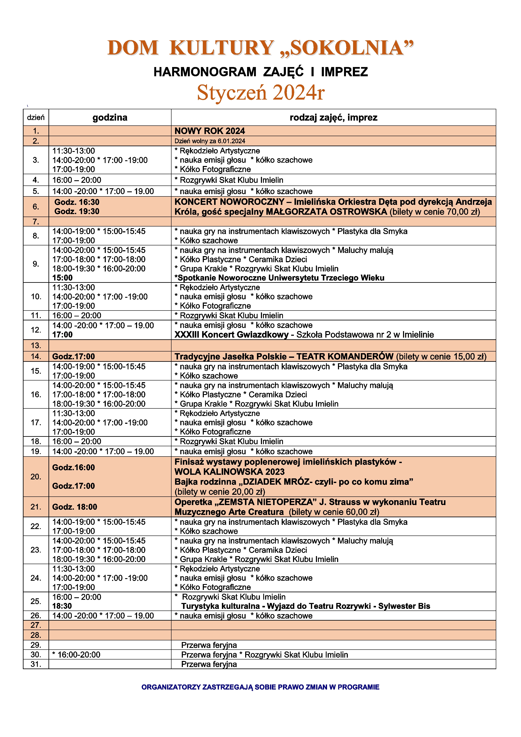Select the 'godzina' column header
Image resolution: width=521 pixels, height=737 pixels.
(110, 117)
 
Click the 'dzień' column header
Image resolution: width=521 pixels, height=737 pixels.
(36, 117)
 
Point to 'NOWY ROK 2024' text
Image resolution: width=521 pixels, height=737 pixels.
(209, 131)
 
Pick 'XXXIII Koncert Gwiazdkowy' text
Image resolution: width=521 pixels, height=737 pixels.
(231, 335)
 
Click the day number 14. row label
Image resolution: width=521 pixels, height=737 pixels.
(36, 356)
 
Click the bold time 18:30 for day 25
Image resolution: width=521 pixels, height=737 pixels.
(62, 606)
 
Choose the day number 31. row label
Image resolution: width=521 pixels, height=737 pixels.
(36, 664)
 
